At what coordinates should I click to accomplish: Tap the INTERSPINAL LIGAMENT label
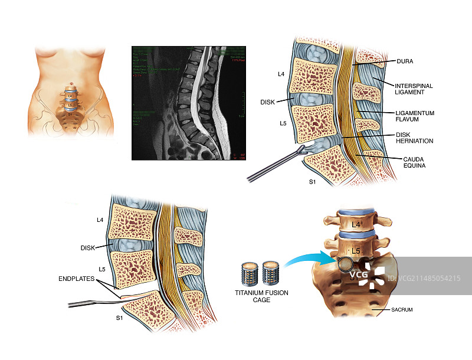coord(414,90)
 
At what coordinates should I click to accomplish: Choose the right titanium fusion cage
coord(271,274)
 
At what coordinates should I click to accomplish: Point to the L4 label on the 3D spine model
coord(356,225)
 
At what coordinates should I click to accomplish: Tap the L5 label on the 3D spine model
coord(356,251)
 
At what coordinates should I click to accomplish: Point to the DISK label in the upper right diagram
coord(268,102)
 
